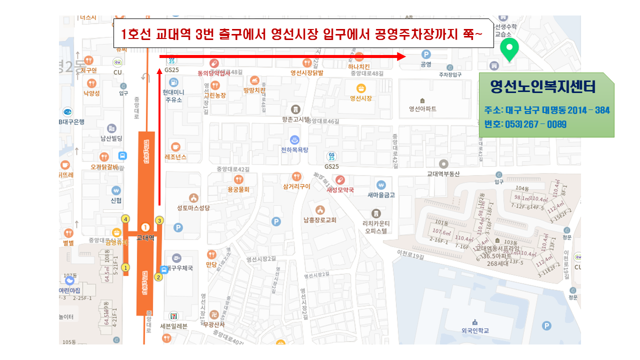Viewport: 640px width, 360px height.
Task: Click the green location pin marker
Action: [509, 49]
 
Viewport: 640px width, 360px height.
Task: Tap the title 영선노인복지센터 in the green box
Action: [543, 87]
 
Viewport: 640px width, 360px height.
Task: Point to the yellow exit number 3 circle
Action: [159, 220]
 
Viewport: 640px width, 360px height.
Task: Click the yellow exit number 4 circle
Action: [125, 219]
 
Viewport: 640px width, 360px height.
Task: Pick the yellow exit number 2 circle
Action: [158, 277]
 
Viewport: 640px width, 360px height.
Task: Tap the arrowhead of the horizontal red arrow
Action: [401, 56]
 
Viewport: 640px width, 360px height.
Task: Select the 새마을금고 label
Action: [381, 195]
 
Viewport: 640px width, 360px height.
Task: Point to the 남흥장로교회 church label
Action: [319, 219]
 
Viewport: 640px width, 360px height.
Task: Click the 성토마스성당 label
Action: [193, 207]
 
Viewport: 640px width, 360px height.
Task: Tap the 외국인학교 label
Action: [475, 330]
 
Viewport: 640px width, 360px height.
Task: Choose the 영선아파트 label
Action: [422, 108]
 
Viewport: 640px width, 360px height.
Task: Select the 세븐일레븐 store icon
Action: [173, 315]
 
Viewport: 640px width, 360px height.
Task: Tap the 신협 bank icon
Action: [116, 190]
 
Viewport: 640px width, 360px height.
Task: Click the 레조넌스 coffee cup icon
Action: [175, 146]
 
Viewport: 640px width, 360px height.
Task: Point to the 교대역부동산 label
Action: [443, 174]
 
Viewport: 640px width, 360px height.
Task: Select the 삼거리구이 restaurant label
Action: [296, 186]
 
